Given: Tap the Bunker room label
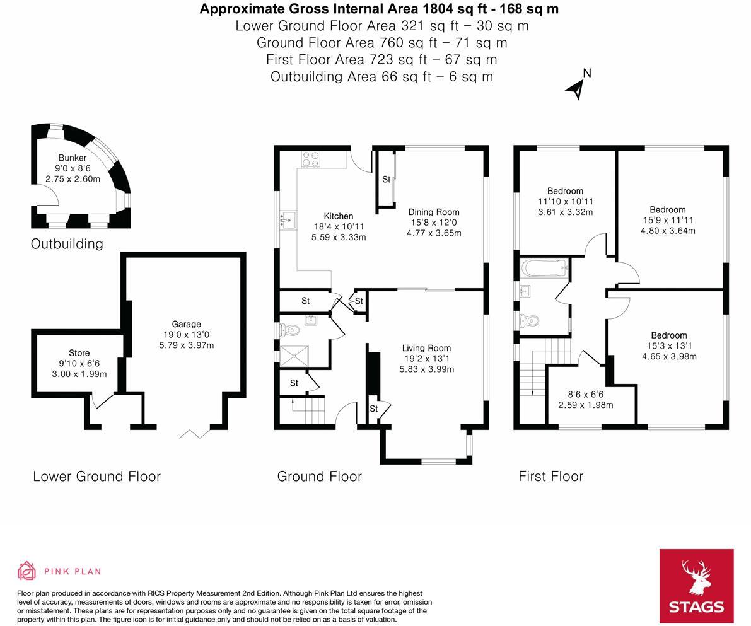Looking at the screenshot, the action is coord(73,158).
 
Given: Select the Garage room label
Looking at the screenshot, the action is coord(186,324).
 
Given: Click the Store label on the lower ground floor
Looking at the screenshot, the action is coord(79,353).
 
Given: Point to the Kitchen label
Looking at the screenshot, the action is coord(338,216).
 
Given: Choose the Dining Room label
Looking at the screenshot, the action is coord(433,212).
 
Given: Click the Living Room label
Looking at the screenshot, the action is coord(426,348).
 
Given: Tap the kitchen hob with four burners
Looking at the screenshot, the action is coord(311,159).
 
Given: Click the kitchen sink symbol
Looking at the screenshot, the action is coord(288,220).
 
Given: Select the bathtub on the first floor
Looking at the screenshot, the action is coord(545,268).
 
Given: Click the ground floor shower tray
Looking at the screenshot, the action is coord(294,355).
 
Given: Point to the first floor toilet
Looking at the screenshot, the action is coord(529,320).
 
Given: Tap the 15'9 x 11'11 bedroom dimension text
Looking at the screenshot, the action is coord(668,220).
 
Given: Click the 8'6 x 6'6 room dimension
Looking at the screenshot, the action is coord(585,394).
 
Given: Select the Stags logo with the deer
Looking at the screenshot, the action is coord(696,586).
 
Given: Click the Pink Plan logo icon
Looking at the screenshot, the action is coord(27,571).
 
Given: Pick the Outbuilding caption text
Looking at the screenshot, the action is coord(67,244).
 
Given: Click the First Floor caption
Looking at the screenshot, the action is coord(551,476).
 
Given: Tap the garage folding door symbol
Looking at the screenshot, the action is coord(195,434).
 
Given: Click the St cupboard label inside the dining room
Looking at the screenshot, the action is coord(386,179).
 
